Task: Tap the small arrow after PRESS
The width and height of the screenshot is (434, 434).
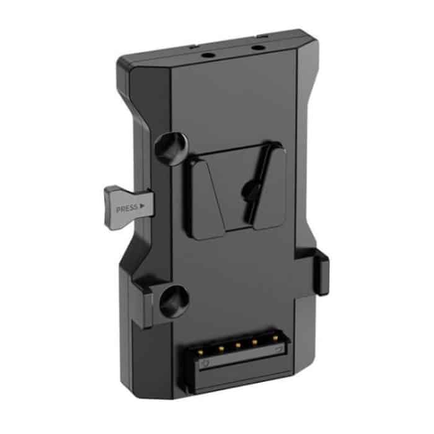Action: click(x=143, y=204)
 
